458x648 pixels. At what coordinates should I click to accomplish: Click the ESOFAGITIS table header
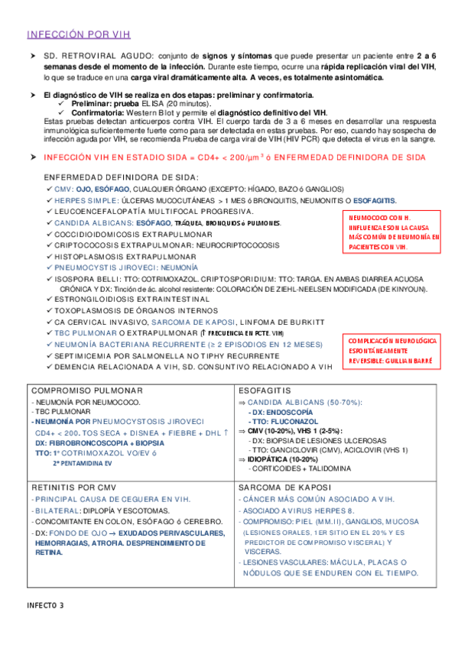click(x=265, y=389)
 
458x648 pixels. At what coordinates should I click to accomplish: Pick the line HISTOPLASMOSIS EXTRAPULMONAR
click(x=125, y=258)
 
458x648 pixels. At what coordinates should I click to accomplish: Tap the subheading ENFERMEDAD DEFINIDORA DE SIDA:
click(x=122, y=177)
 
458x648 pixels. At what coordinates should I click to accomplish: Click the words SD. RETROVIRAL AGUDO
click(x=99, y=57)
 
